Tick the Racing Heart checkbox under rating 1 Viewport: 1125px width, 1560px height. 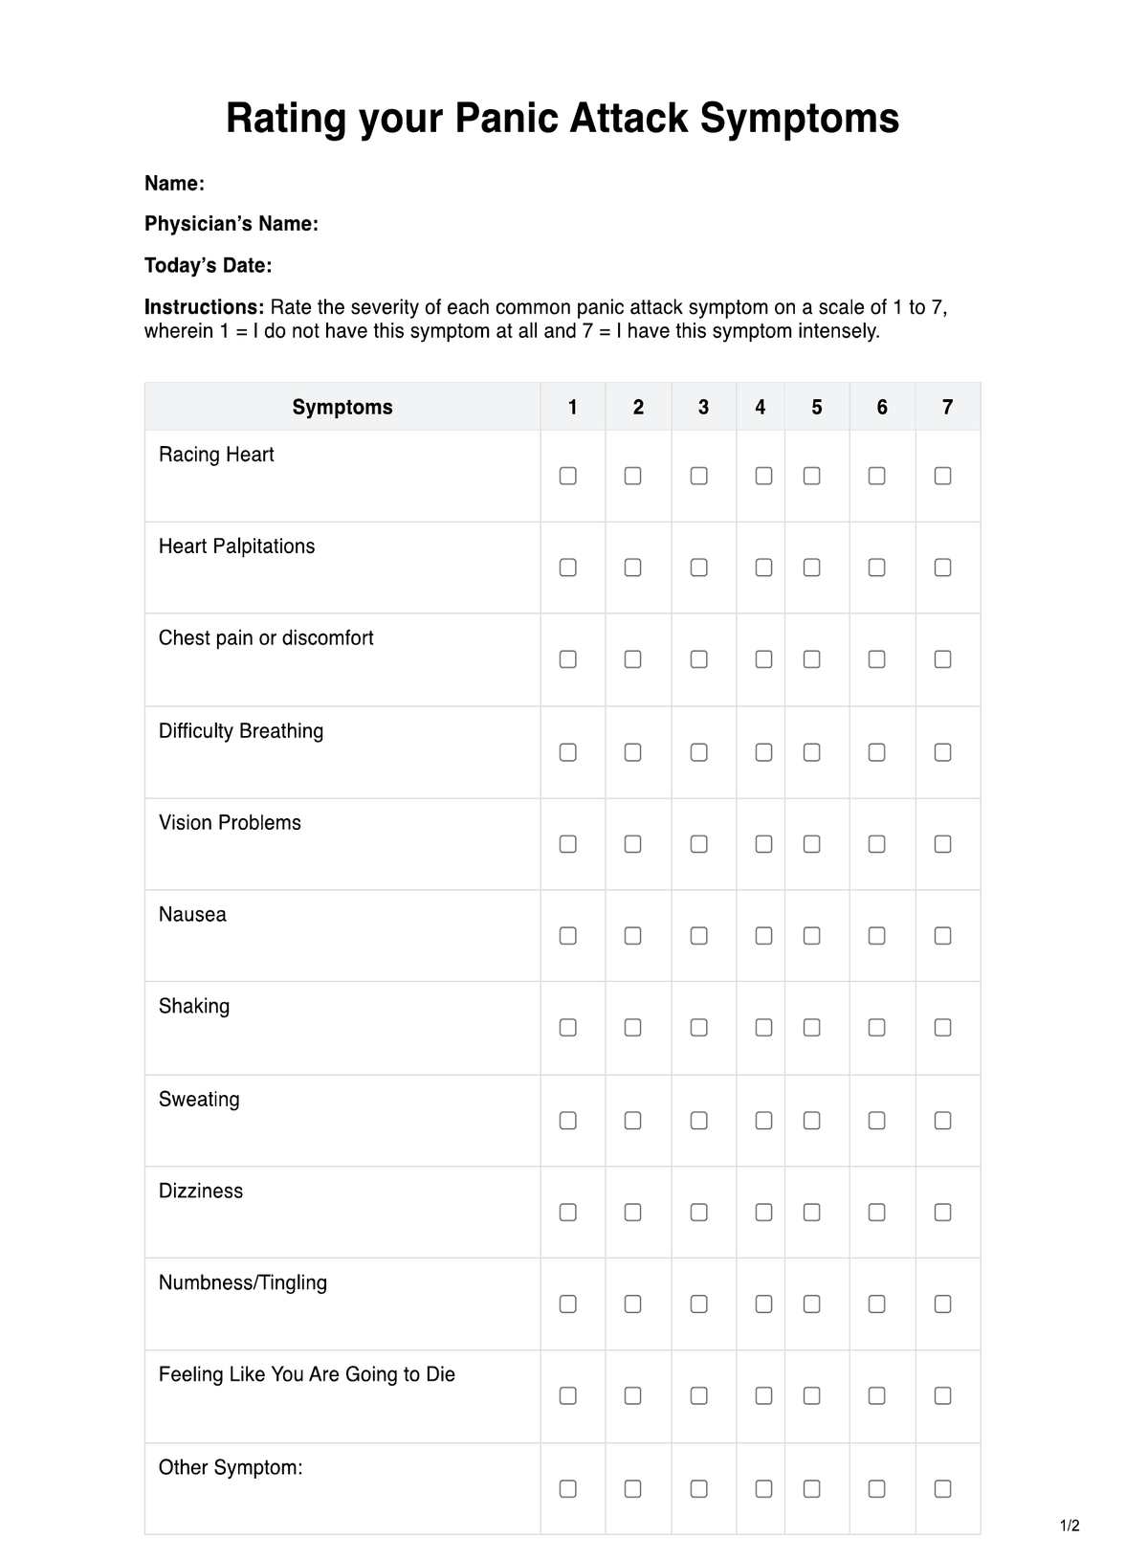click(567, 476)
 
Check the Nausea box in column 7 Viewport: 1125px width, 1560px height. click(942, 936)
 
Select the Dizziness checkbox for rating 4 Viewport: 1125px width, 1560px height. click(763, 1213)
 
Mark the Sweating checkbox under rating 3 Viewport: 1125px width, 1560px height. click(699, 1121)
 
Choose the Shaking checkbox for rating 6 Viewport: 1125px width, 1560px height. click(876, 1028)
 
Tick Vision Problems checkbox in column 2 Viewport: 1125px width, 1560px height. click(632, 844)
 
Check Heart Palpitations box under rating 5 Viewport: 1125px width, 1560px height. click(811, 568)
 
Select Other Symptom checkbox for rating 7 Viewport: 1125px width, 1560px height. click(942, 1489)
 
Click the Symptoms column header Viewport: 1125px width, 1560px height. click(342, 408)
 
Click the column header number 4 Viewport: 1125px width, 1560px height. click(761, 408)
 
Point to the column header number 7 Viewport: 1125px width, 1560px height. click(947, 408)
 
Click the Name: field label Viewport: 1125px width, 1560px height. click(174, 184)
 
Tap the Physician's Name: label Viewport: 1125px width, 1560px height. click(232, 224)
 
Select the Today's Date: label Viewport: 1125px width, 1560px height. click(208, 266)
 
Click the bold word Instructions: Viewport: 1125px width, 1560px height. click(204, 308)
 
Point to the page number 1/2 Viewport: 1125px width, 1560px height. click(1070, 1526)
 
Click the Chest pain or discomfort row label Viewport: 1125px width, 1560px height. click(266, 638)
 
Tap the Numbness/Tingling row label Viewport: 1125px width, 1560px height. click(243, 1283)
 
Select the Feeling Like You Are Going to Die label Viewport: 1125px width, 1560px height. click(307, 1375)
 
